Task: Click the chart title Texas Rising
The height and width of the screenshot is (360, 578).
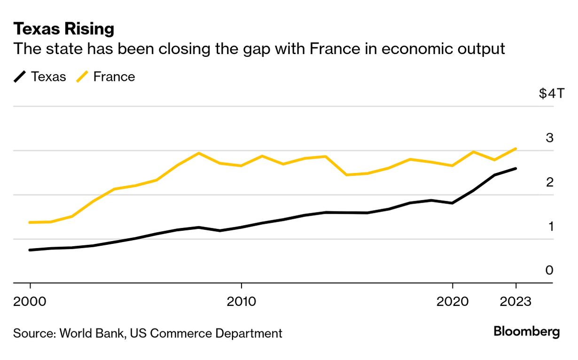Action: (64, 29)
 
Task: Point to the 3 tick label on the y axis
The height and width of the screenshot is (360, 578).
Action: (549, 138)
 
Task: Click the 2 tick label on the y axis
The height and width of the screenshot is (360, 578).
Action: (549, 182)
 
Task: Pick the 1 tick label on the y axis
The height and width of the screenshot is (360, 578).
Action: (549, 226)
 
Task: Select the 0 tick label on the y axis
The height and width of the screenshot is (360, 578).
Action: (549, 270)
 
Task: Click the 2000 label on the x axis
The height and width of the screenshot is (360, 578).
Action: (30, 301)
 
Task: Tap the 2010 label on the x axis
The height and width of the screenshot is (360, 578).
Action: (241, 301)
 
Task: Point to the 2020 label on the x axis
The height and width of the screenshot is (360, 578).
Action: (452, 301)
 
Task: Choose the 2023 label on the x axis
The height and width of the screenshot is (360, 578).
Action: (516, 301)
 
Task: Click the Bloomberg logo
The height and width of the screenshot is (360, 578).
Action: (526, 332)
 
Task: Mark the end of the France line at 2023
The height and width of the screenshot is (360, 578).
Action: (516, 149)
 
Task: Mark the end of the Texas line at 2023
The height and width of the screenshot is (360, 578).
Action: (516, 168)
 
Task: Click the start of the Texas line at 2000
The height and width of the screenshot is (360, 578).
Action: (30, 250)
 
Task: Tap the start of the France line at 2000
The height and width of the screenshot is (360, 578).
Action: (30, 222)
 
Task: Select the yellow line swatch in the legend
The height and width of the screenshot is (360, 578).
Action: (83, 77)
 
